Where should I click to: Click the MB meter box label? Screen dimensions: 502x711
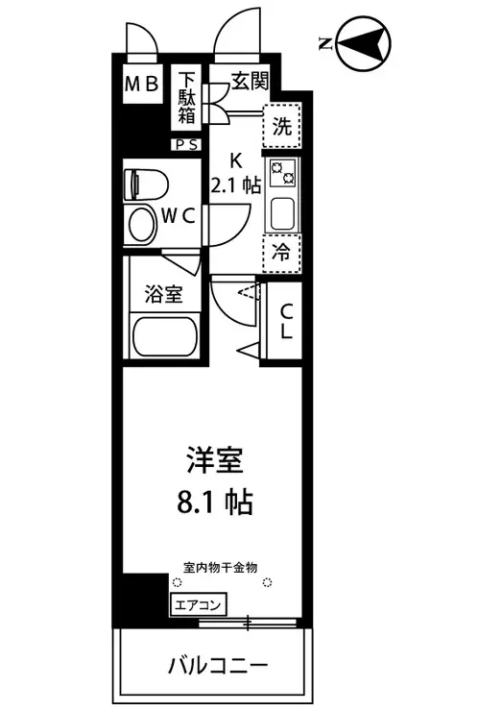click(x=141, y=85)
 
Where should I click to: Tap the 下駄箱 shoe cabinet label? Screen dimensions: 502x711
click(x=186, y=98)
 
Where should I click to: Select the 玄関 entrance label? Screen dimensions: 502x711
click(x=251, y=81)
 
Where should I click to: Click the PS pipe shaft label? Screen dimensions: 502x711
click(x=186, y=145)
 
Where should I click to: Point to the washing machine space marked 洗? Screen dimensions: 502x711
click(x=282, y=126)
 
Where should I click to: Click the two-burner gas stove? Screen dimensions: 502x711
click(x=282, y=173)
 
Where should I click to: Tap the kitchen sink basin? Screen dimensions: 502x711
click(x=283, y=213)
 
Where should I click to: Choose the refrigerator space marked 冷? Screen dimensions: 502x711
click(x=282, y=253)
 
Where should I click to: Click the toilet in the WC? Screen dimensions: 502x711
click(x=146, y=184)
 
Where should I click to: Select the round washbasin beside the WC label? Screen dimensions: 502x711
click(x=141, y=225)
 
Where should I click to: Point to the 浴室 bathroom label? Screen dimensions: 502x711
click(x=164, y=294)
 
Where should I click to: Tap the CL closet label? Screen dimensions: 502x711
click(x=286, y=322)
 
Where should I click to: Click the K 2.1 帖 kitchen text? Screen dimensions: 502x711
click(x=235, y=173)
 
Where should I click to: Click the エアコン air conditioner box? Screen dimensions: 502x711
click(x=198, y=605)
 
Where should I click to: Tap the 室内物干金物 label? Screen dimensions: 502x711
click(x=221, y=567)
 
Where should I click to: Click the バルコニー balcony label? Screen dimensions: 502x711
click(x=219, y=666)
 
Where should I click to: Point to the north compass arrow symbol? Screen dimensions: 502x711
click(x=364, y=44)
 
